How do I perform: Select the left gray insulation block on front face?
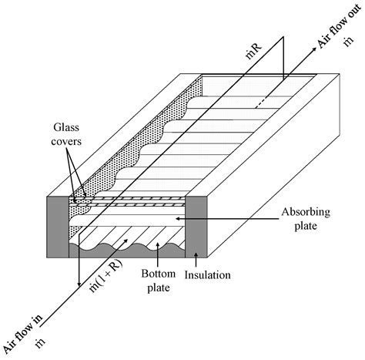[59, 224]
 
